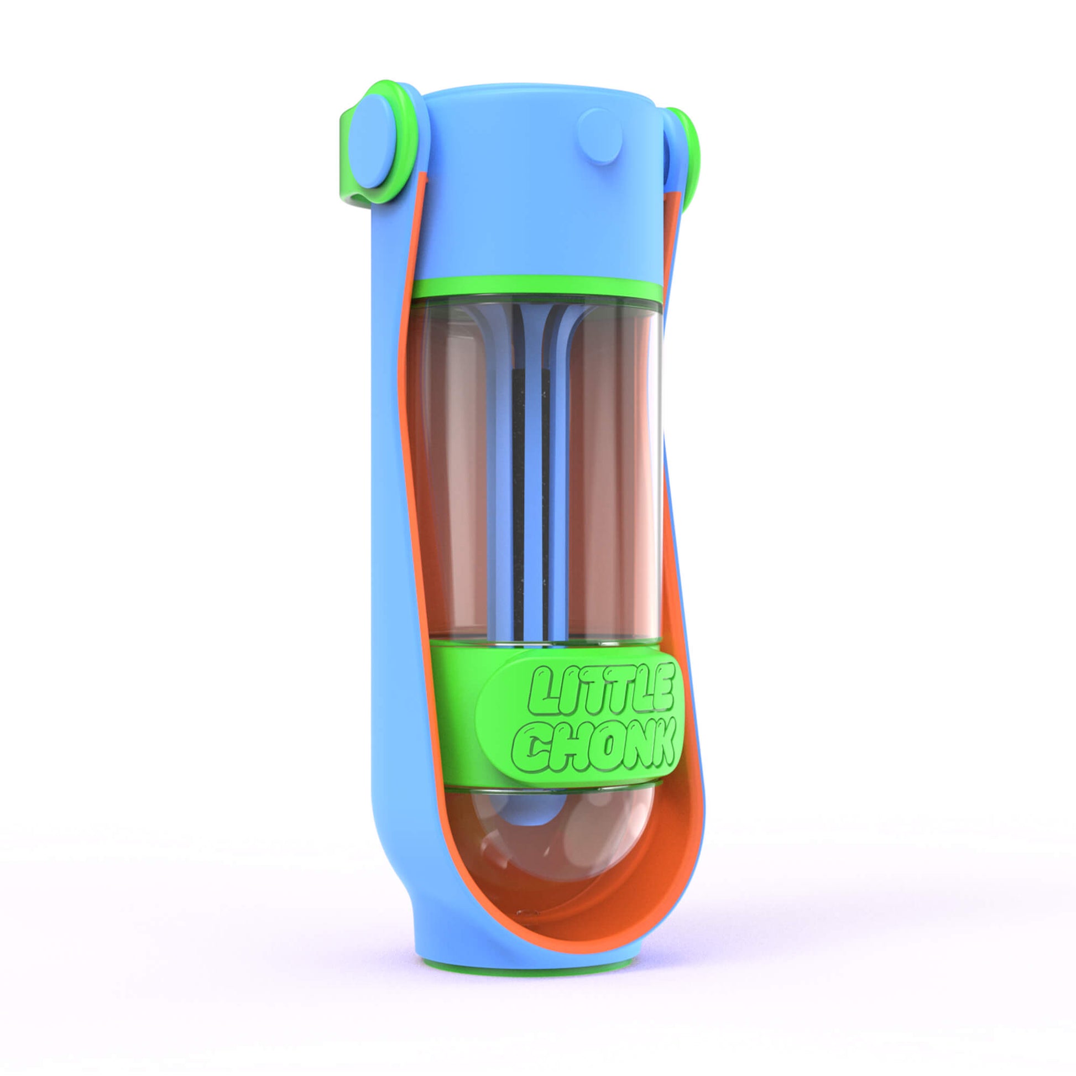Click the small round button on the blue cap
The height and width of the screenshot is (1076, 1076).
[x=599, y=137]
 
